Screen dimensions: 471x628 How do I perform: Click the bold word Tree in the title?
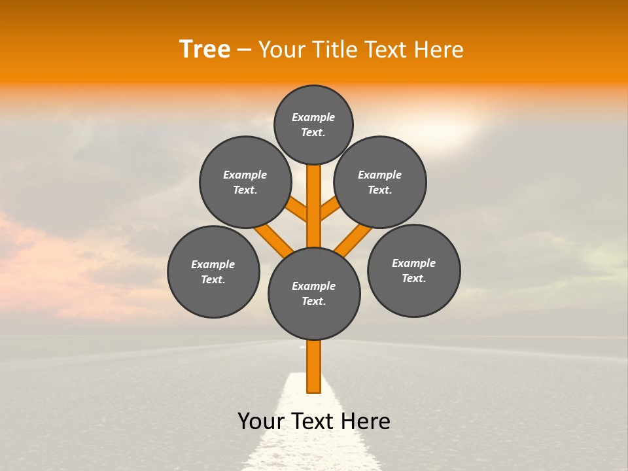tap(205, 49)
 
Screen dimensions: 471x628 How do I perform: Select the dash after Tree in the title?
tap(244, 50)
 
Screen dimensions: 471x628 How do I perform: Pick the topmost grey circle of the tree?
tap(313, 124)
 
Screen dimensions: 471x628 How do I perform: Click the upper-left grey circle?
tap(245, 182)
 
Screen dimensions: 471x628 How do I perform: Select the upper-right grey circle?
tap(380, 182)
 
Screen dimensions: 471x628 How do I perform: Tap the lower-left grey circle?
tap(213, 271)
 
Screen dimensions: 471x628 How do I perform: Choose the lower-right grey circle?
tap(413, 270)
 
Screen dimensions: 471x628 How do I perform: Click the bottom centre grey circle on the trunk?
tap(314, 293)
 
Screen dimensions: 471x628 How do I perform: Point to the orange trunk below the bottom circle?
tap(314, 366)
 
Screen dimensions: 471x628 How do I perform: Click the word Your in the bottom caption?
tap(260, 421)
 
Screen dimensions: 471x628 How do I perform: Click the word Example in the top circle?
tap(313, 117)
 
